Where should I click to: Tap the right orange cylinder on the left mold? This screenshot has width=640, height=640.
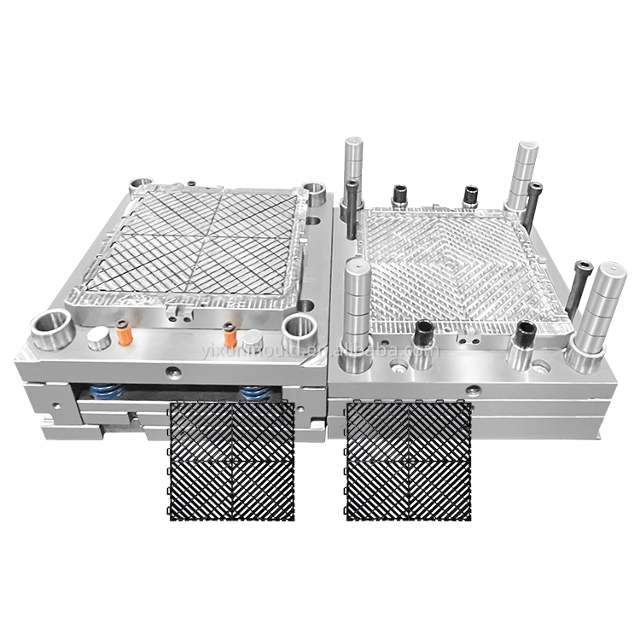(230, 336)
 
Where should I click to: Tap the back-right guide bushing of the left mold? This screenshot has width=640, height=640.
(315, 193)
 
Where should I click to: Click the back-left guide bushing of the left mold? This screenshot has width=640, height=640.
(140, 185)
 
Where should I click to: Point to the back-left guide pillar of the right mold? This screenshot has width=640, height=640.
(354, 171)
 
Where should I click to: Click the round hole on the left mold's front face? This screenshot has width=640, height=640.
(173, 372)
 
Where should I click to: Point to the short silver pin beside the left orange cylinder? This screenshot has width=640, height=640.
(100, 339)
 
